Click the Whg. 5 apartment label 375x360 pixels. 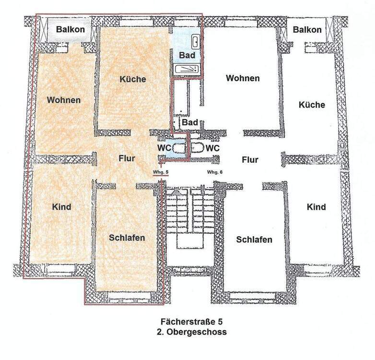coord(160,172)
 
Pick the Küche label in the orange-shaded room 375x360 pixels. coord(133,79)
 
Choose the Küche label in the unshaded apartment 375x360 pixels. coord(312,105)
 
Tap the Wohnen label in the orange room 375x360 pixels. coord(64,100)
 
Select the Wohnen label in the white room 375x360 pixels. coord(243,78)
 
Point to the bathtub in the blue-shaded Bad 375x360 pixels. coord(187,70)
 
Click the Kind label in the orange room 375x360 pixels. coord(61,207)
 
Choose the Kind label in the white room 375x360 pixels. coord(316,207)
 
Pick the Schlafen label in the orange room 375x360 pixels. coord(127,238)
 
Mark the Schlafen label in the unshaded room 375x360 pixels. coord(254,240)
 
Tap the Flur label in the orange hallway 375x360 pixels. coord(127,158)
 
